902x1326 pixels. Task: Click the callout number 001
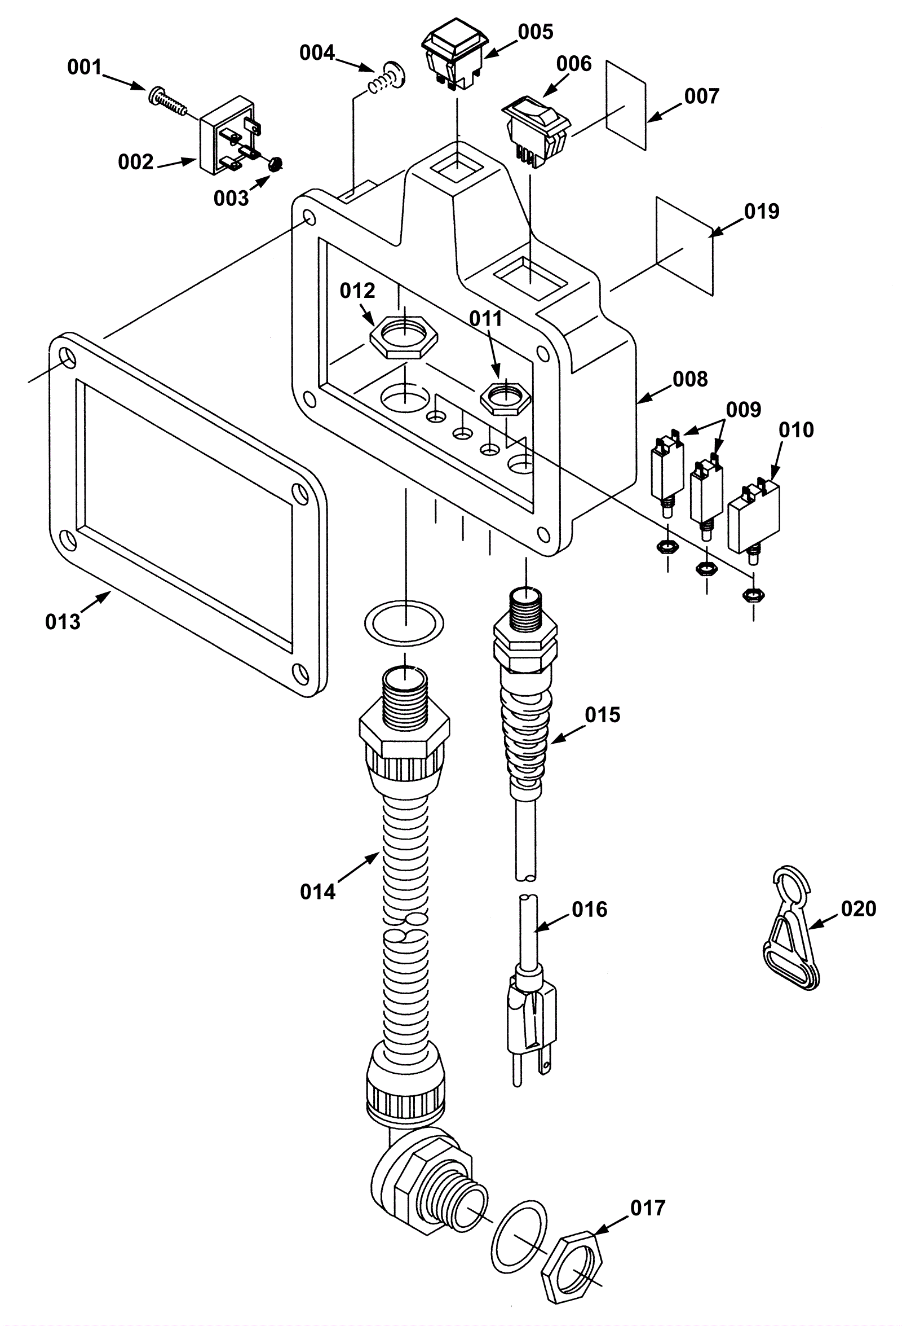tap(85, 67)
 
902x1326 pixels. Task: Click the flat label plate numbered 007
tap(626, 106)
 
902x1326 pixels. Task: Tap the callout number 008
tap(690, 379)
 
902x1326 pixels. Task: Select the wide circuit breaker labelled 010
tap(754, 517)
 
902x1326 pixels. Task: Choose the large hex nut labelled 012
tap(404, 337)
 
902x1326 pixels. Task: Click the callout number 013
tap(63, 622)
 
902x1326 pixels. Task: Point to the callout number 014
tap(317, 891)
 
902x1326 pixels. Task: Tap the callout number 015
tap(603, 714)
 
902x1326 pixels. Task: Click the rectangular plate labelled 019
tap(685, 247)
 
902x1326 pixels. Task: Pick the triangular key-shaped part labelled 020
tap(792, 930)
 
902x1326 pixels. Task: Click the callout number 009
tap(744, 410)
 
